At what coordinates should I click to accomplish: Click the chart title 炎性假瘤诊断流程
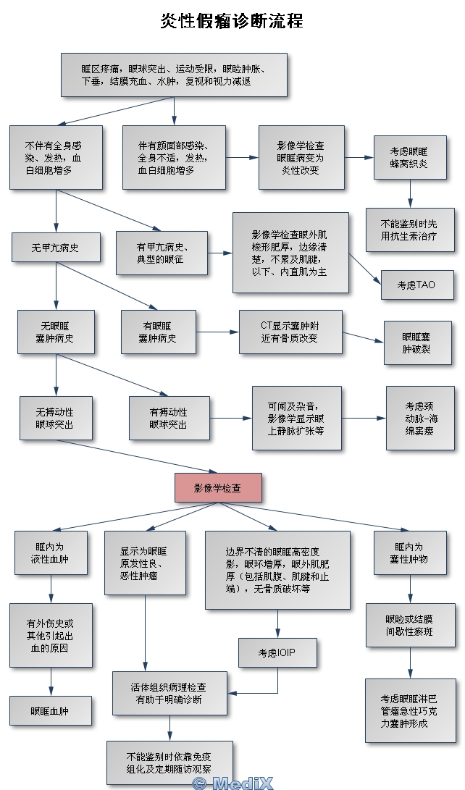232,20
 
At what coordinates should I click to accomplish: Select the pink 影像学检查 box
217,487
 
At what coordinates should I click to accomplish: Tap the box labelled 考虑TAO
416,285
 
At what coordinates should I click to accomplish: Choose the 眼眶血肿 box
51,711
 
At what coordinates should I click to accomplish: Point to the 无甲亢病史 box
56,247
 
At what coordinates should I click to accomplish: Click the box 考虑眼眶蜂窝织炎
409,158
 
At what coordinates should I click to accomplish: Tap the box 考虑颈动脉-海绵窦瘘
422,419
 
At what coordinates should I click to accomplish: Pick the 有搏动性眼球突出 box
169,418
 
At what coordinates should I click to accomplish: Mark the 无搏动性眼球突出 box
56,418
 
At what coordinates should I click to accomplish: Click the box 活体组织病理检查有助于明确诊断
167,693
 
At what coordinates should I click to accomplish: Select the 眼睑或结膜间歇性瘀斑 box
409,626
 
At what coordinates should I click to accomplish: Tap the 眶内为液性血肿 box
51,552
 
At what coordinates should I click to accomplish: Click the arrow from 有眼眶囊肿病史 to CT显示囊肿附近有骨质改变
217,332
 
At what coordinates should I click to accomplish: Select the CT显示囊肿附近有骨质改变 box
290,332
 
